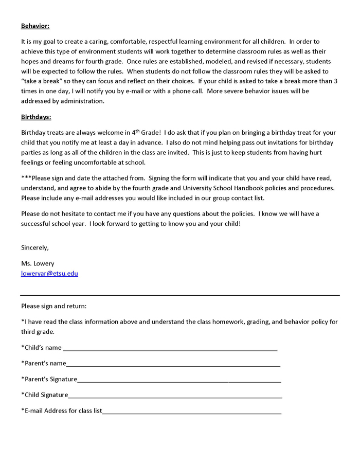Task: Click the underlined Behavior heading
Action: pos(35,26)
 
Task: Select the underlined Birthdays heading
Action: pos(36,117)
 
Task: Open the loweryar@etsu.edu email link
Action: pos(49,274)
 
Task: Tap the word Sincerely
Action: pos(35,247)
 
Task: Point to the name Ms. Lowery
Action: pos(38,263)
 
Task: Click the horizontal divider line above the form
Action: pos(180,296)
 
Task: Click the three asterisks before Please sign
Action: pos(26,178)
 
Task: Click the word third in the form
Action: pos(29,332)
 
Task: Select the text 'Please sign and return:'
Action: pos(54,306)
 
